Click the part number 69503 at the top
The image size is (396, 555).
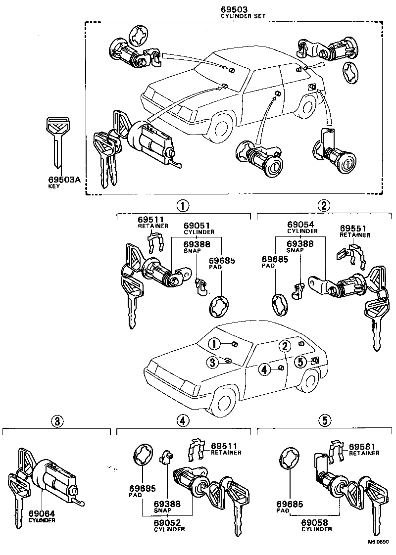coord(236,9)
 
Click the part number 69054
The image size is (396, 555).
coord(300,225)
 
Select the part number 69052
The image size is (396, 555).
coord(170,523)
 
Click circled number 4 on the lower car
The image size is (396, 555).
coord(264,369)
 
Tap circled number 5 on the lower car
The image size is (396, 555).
coord(299,362)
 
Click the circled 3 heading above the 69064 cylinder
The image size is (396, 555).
coord(57,421)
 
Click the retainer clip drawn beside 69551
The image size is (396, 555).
coord(350,255)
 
